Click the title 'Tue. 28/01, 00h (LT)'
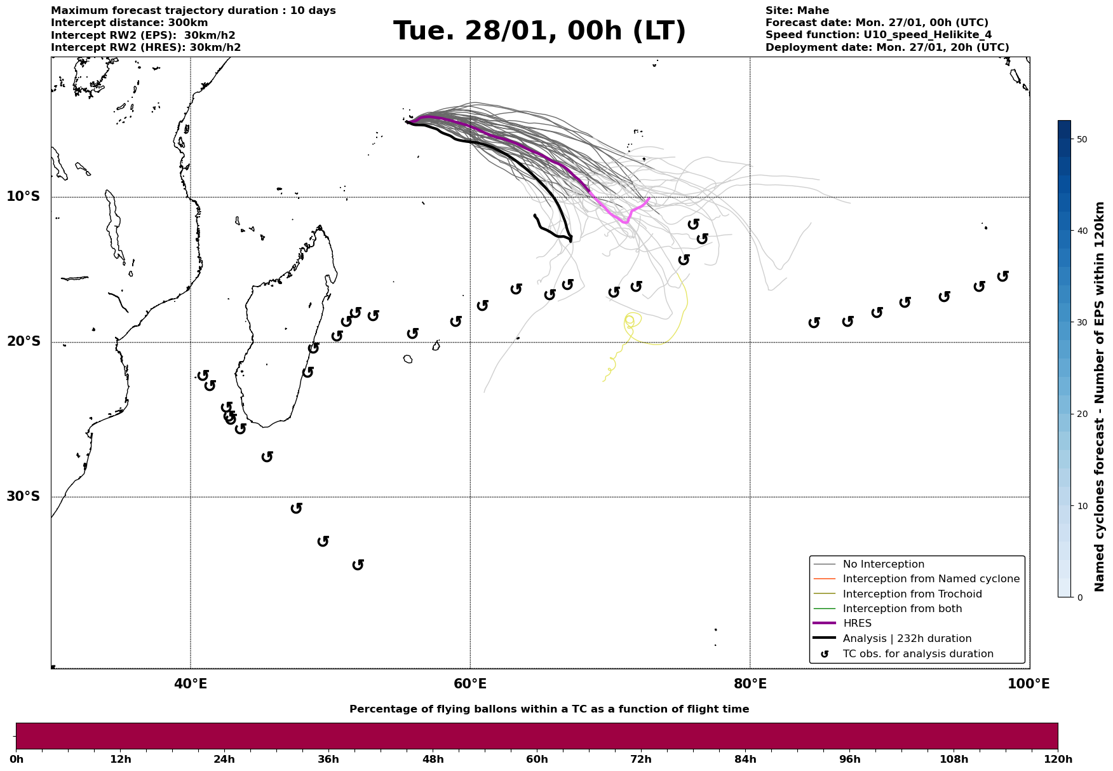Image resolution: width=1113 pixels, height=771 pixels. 539,31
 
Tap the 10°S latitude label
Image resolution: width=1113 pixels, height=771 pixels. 24,196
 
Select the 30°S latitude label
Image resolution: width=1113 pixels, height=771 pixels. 24,496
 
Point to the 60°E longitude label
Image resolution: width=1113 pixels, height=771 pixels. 470,685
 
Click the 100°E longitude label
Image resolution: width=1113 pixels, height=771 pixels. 1029,685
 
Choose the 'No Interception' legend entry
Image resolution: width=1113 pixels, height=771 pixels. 883,564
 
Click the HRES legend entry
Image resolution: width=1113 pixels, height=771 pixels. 857,624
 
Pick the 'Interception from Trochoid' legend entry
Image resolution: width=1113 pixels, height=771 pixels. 912,594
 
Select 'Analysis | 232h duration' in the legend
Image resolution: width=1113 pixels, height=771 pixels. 907,639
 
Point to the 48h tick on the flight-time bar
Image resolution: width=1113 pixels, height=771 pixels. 433,760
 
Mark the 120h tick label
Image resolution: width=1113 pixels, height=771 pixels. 1057,760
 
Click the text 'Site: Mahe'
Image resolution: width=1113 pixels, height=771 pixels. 797,11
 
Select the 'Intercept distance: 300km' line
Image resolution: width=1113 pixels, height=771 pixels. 129,23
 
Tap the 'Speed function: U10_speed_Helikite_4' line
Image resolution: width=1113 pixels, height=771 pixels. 878,35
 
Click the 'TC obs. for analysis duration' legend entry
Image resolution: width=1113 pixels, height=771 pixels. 917,654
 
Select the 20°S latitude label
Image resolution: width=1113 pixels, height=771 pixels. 24,342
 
